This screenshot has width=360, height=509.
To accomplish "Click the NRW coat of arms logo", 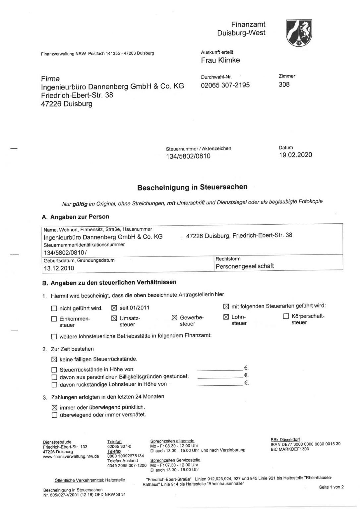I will pos(299,32).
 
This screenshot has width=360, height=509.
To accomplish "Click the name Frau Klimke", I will pos(220,60).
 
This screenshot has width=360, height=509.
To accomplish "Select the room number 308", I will pos(284,85).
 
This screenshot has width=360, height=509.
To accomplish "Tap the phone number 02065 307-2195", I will pos(225,85).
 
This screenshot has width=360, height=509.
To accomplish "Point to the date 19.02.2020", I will pos(295,155).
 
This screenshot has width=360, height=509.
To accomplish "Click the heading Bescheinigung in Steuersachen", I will pos(192,187).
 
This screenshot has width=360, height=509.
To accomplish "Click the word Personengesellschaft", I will pos(245,266).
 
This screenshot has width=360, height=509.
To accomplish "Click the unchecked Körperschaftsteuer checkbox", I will pos(286,316).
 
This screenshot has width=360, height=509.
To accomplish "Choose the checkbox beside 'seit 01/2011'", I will pos(114,308).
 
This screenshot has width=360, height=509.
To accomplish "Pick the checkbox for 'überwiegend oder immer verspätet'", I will pos(54,415).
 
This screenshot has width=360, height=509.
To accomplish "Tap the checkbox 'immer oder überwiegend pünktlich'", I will pos(54,408).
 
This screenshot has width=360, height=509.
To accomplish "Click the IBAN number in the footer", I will pos(305,444).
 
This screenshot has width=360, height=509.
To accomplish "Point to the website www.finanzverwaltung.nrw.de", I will pos(71,456).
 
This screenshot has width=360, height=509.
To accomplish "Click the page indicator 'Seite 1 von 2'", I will pos(331,487).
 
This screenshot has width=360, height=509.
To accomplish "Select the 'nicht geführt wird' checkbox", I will pos(54,309).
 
